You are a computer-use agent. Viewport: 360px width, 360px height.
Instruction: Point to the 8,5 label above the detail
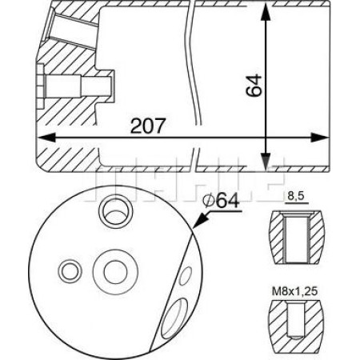296,194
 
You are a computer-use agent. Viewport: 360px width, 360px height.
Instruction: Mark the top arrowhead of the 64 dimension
264,14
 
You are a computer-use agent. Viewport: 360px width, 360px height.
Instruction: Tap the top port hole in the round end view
110,213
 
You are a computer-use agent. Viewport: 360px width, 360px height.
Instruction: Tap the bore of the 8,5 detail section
297,236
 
